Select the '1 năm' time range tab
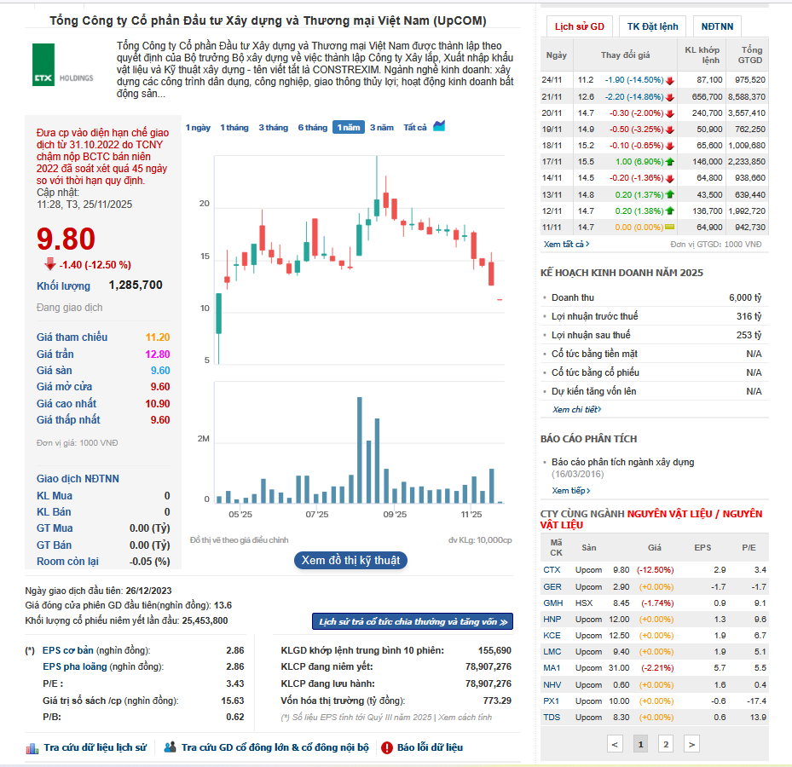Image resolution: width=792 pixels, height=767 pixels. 348,127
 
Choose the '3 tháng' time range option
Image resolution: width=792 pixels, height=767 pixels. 273,127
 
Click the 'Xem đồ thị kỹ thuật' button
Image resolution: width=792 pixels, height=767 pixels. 350,560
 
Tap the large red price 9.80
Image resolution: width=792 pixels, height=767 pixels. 66,239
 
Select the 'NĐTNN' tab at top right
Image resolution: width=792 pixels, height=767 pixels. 717,26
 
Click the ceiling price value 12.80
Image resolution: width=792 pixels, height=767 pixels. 158,354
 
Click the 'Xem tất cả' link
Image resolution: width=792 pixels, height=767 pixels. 566,244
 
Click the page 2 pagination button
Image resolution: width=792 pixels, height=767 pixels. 666,744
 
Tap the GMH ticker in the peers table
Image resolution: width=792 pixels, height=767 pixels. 552,603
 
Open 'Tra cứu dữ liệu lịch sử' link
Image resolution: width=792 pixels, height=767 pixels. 95,747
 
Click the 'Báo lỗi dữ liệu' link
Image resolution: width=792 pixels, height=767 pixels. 430,747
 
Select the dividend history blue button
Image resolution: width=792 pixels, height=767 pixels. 413,622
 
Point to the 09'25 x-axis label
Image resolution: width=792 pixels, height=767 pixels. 395,515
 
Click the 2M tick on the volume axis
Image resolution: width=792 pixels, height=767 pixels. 203,438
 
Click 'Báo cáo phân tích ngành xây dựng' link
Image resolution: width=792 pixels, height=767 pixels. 622,462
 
